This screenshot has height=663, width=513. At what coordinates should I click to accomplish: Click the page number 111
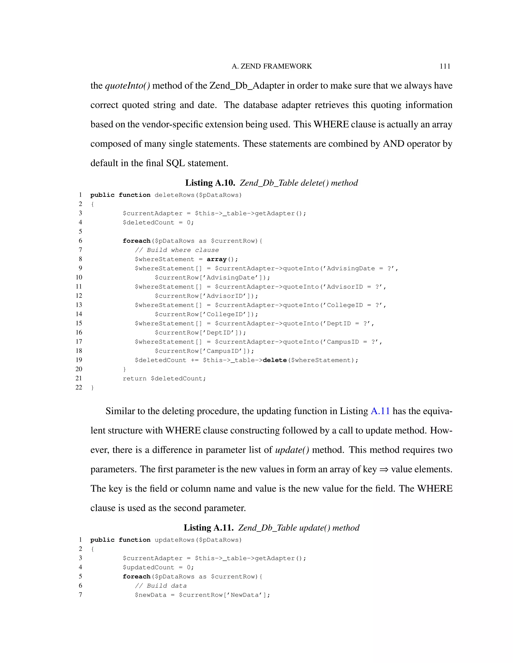tap(445, 66)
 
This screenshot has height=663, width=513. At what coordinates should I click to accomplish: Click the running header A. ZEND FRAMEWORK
tap(272, 66)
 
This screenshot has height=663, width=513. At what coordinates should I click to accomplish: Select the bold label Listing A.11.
tap(208, 528)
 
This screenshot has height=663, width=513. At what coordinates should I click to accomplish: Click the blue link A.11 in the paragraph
tap(380, 411)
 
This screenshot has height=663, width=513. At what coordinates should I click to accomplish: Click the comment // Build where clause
tap(177, 250)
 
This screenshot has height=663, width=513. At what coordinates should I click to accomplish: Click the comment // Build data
tap(161, 586)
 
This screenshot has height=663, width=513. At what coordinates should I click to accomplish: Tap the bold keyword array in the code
tap(216, 259)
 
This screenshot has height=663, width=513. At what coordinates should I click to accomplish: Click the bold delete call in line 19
tap(275, 360)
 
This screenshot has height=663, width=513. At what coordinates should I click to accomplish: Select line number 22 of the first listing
tap(79, 387)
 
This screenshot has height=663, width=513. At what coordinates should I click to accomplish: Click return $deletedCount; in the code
tap(164, 379)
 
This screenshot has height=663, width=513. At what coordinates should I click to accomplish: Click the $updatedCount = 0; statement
tap(158, 567)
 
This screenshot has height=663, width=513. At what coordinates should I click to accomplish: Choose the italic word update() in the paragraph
tap(292, 450)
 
